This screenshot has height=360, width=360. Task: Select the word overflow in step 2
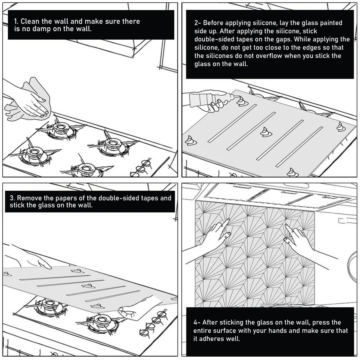coord(269,56)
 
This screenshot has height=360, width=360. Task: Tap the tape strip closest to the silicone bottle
coord(232,123)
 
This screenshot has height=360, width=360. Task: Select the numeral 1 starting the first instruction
coord(16,21)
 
